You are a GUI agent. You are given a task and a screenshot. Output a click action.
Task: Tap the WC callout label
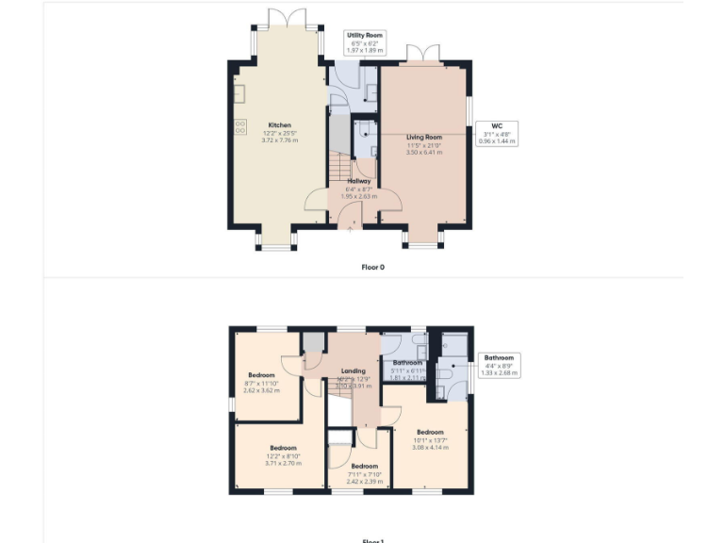pos(499,135)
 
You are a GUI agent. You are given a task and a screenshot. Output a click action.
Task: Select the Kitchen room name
pos(280,125)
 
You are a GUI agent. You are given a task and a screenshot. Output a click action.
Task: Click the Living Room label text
pos(424,138)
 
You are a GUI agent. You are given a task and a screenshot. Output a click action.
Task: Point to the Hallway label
pos(358,181)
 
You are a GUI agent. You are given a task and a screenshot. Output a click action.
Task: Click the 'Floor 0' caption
pos(372,267)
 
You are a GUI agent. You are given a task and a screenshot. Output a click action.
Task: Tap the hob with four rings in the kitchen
pos(240,126)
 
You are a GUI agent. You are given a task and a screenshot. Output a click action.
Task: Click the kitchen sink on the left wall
pos(240,93)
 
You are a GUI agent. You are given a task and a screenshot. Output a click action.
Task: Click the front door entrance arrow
pos(352,225)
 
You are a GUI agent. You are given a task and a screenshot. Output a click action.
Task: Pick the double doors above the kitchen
pos(280,19)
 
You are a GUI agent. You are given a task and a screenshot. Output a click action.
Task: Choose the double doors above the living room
pos(423,52)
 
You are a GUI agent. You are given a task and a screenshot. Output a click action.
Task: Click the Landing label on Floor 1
pos(354,370)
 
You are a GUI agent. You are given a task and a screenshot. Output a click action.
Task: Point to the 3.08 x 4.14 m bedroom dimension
pos(431,447)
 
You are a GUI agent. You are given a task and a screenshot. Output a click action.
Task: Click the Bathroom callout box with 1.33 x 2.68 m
pos(499,365)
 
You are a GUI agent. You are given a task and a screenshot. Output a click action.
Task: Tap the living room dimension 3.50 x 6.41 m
pos(424,153)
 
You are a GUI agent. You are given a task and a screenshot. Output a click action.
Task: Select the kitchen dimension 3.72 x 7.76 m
pos(280,140)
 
